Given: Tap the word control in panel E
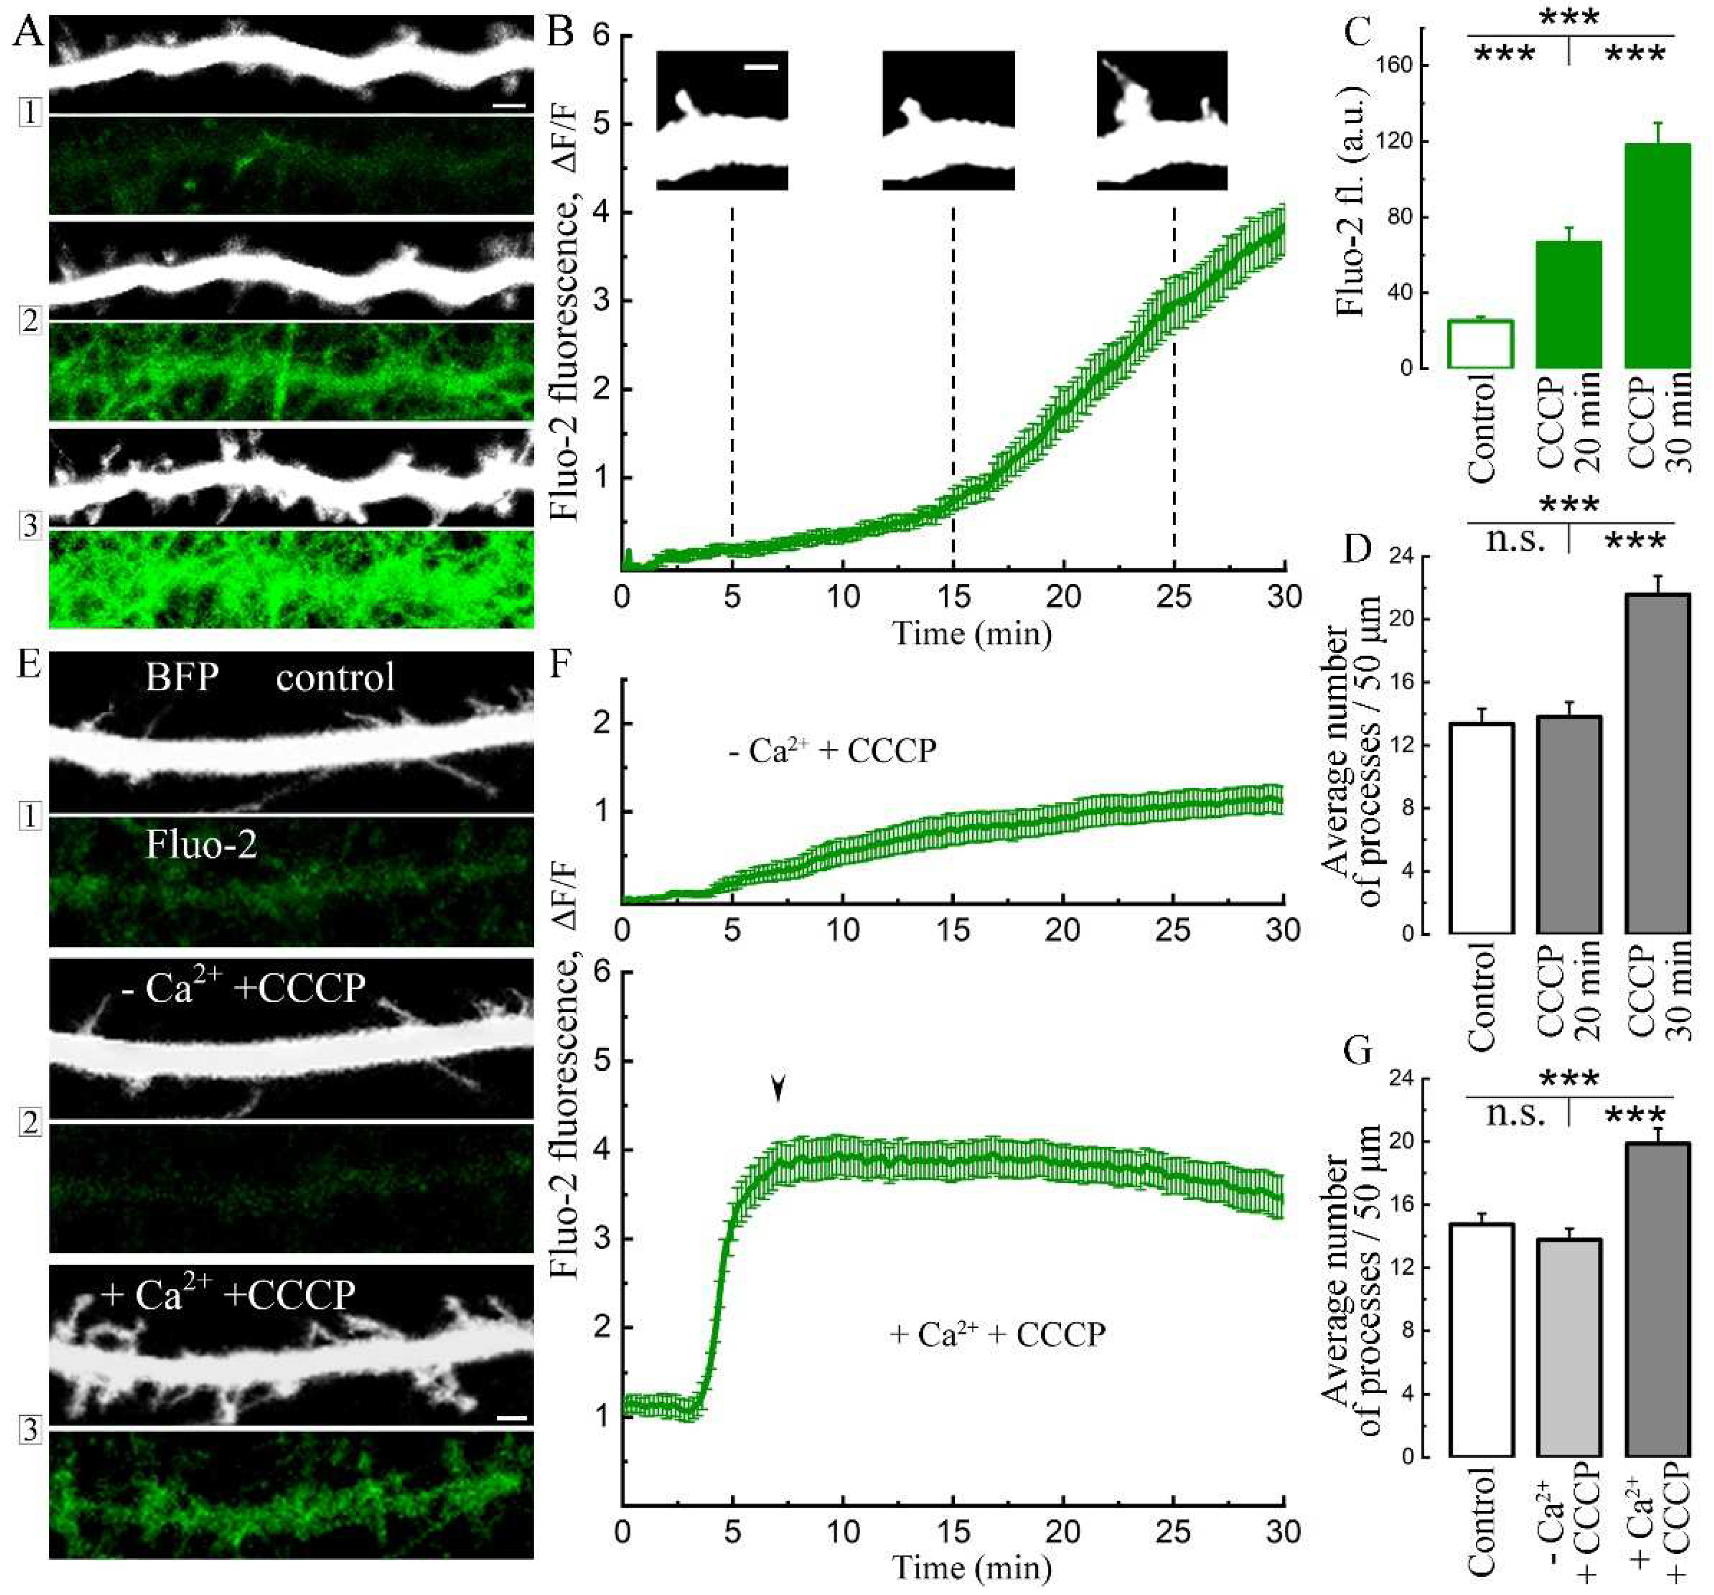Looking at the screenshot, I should [x=335, y=678].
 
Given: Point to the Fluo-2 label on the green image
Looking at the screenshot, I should [x=201, y=844].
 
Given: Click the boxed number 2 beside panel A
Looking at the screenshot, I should [x=30, y=321].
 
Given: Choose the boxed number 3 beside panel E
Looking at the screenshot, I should [x=30, y=1430].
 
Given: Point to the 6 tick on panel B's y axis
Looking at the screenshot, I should [x=600, y=35].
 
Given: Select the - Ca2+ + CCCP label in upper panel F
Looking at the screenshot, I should [x=832, y=751].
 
